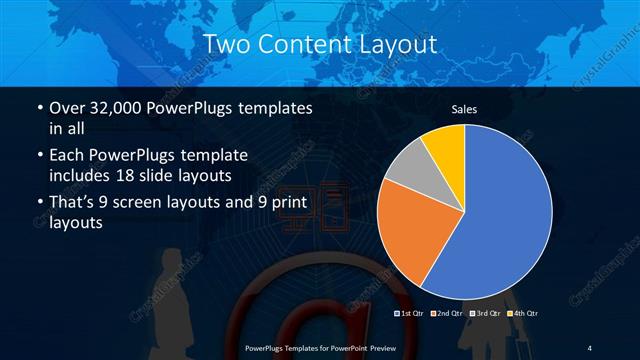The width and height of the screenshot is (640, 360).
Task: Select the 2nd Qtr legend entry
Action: (447, 313)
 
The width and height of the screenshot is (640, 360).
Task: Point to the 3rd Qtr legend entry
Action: (485, 313)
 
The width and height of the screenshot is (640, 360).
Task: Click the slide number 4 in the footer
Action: (590, 347)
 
